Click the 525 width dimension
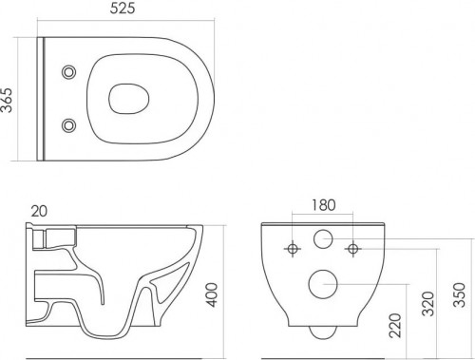point(123,8)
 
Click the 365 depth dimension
point(7,100)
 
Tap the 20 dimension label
point(39,211)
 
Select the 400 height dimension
point(212,294)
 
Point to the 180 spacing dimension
point(324,205)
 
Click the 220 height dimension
point(395,325)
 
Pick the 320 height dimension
point(428,304)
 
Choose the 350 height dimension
point(460,294)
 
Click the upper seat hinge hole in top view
point(68,72)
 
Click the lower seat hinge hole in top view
point(68,125)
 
